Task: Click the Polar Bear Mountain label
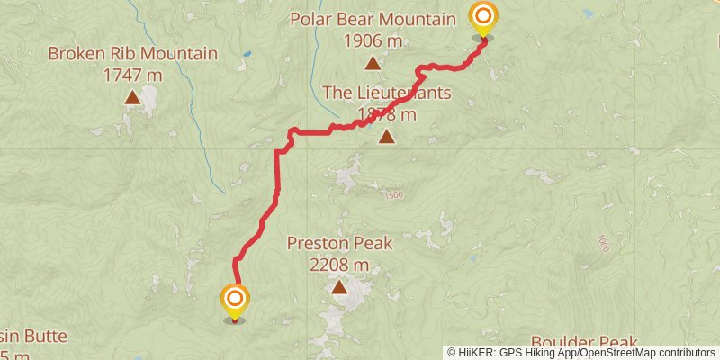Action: pos(372,18)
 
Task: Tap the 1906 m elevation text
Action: pos(372,40)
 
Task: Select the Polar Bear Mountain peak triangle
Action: pos(372,63)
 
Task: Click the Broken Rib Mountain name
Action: pos(132,54)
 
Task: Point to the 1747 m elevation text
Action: pos(132,76)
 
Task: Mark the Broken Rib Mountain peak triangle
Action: pos(132,97)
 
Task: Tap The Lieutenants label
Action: pos(386,93)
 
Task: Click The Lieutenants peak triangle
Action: pos(386,137)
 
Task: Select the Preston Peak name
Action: pos(339,243)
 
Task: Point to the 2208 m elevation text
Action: pos(339,265)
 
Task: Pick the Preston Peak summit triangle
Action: pos(339,288)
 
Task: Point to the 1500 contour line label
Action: pos(392,195)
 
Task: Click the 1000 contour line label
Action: pos(601,243)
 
